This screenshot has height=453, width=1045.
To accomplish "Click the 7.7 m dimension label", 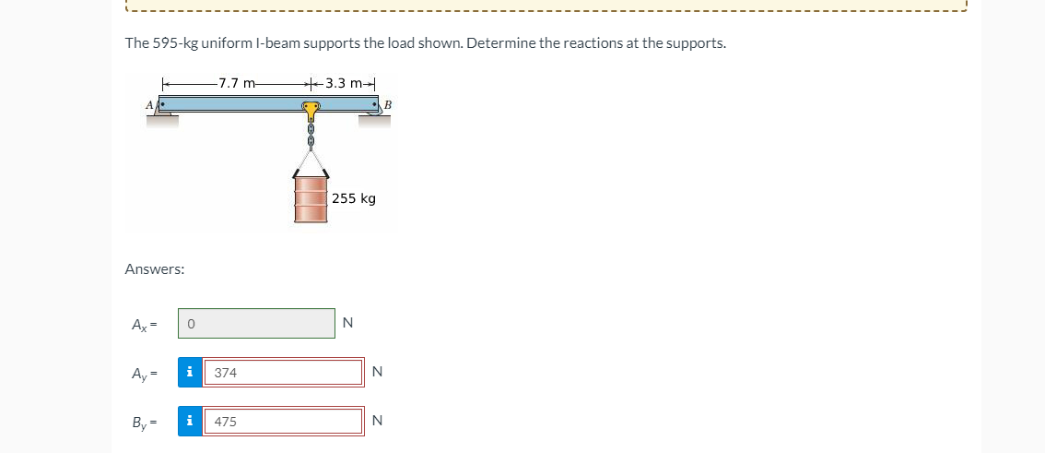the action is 240,83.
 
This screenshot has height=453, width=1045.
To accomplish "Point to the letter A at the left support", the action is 148,105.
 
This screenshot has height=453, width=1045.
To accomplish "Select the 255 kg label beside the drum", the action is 354,198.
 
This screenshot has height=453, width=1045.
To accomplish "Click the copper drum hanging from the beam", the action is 311,199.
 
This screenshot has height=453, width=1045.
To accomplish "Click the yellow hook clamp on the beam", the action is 311,111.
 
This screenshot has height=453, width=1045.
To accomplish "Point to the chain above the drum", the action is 311,137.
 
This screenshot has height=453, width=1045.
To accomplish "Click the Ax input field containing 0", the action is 256,324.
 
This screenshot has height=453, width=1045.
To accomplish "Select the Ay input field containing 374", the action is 282,373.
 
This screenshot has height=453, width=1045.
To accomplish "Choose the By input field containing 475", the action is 282,422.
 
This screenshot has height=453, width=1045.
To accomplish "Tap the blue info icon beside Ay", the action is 190,373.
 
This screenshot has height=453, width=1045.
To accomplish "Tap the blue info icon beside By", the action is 190,422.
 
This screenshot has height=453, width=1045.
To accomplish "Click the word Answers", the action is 154,269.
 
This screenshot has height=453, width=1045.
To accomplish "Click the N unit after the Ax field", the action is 347,323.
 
